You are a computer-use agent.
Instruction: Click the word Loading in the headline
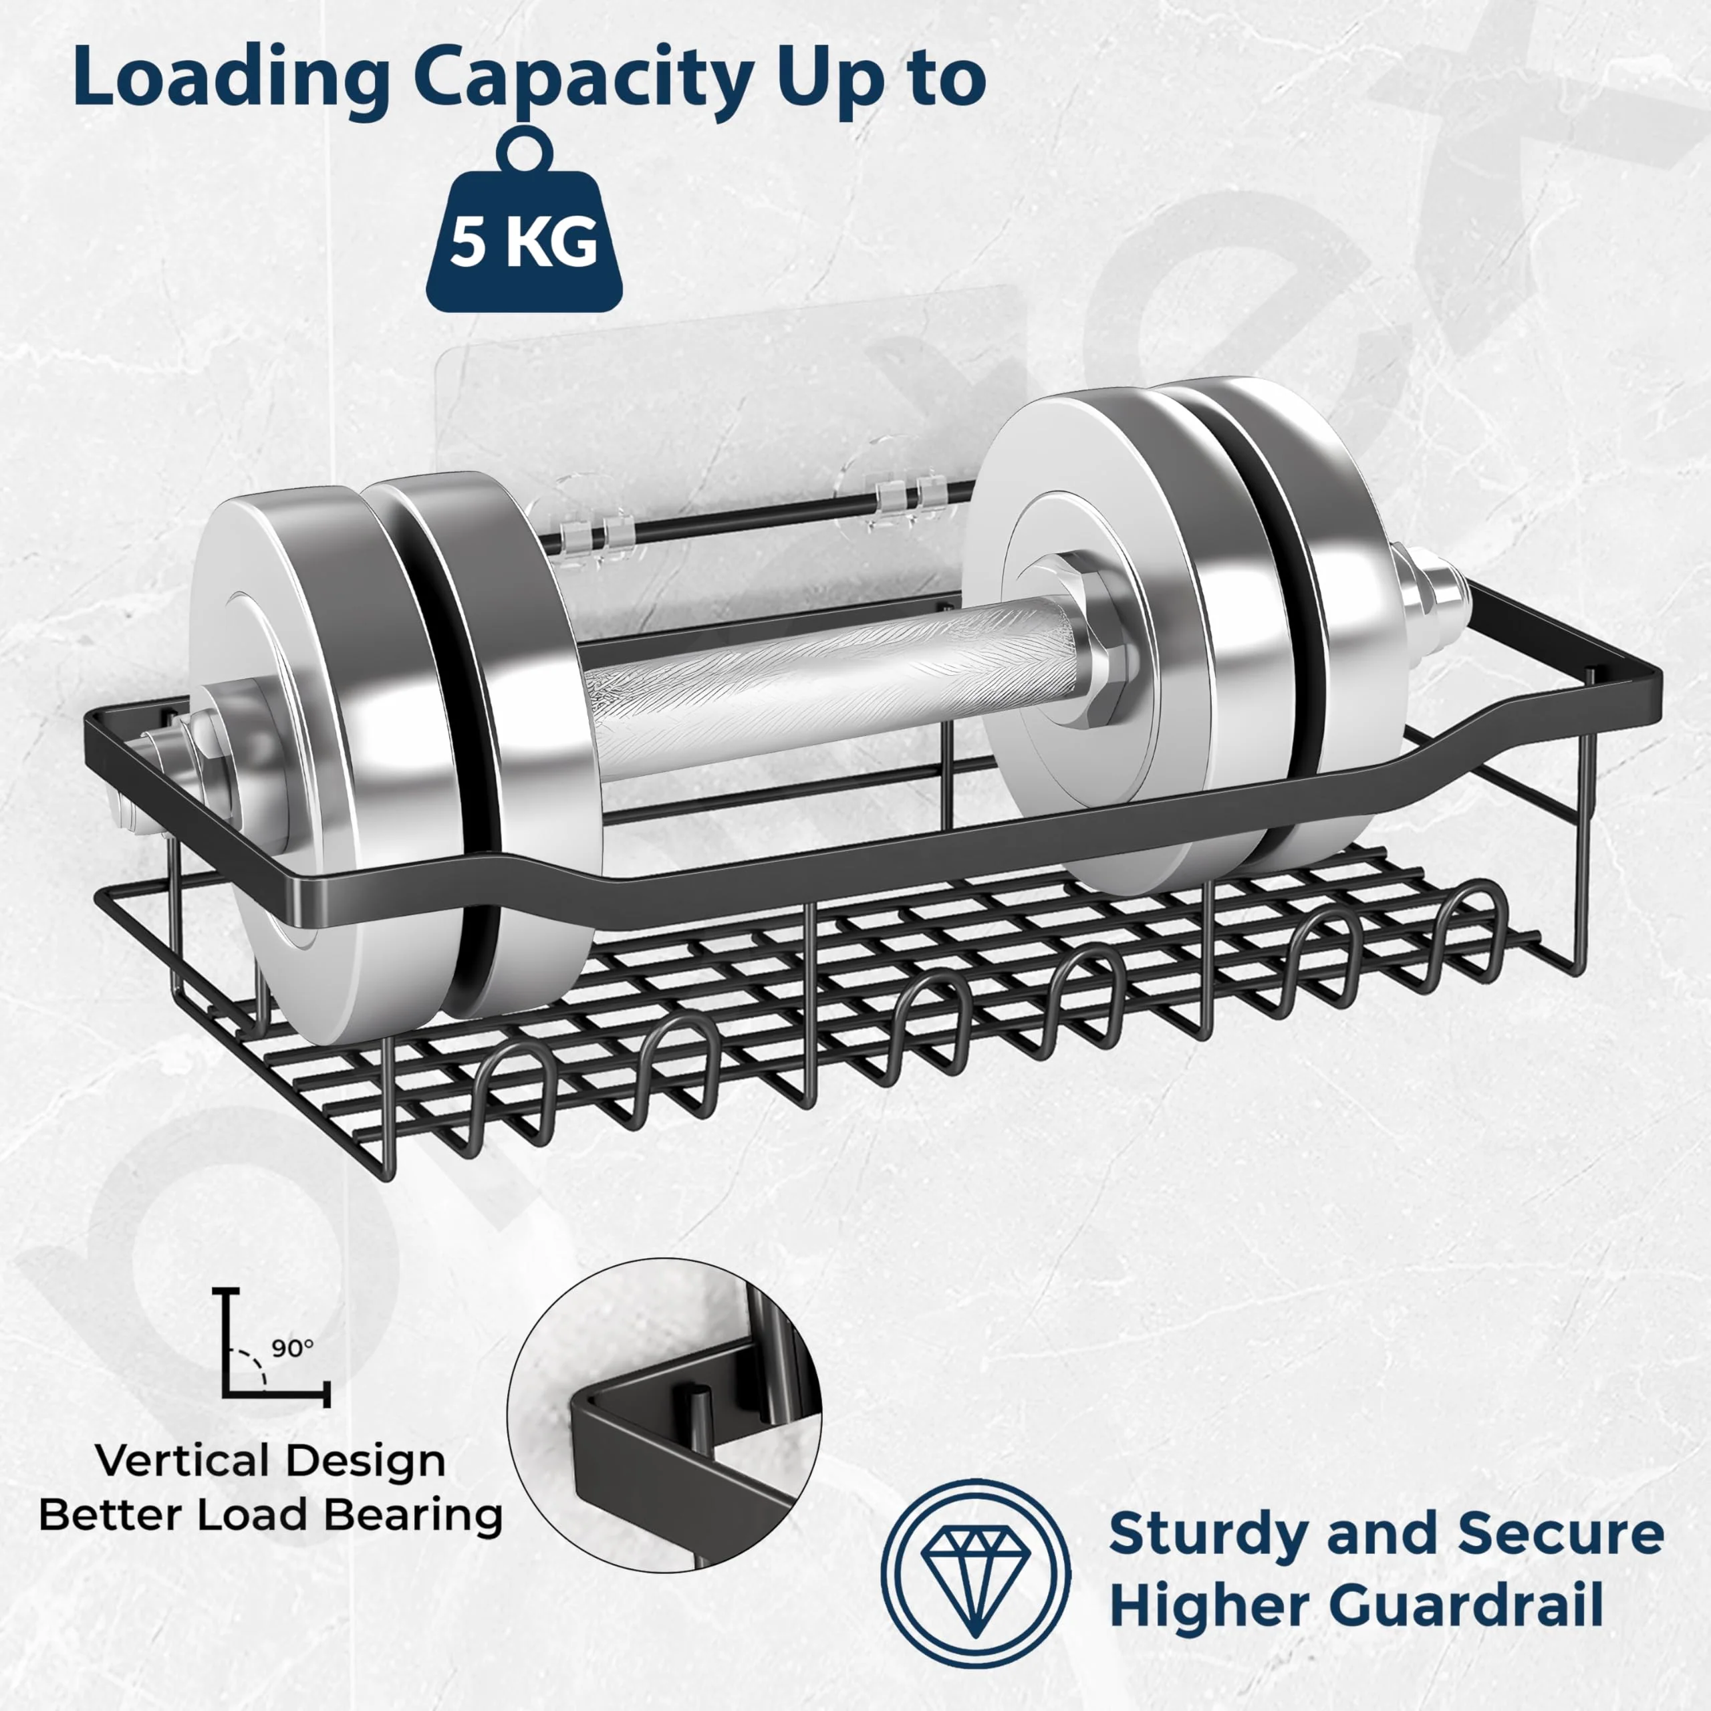tap(231, 78)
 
